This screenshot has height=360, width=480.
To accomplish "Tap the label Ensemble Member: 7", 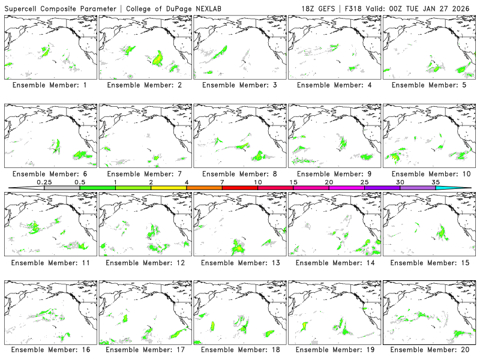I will pyautogui.click(x=144, y=174).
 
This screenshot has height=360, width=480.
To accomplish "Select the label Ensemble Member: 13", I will pyautogui.click(x=238, y=262).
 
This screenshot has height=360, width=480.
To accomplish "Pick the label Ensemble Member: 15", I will pyautogui.click(x=428, y=262).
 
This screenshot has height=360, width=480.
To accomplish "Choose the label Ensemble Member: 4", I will pyautogui.click(x=333, y=85).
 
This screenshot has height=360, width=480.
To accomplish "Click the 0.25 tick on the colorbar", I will pyautogui.click(x=44, y=182).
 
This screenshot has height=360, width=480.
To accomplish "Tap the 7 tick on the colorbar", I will pyautogui.click(x=222, y=182).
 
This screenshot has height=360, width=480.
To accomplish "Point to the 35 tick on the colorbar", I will pyautogui.click(x=436, y=182).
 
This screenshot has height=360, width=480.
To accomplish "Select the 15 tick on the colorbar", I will pyautogui.click(x=293, y=182).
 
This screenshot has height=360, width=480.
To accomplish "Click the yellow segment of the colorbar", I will pyautogui.click(x=169, y=188).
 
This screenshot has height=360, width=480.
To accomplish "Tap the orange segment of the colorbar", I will pyautogui.click(x=204, y=188).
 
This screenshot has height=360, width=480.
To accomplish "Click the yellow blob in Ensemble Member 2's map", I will pyautogui.click(x=158, y=59).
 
